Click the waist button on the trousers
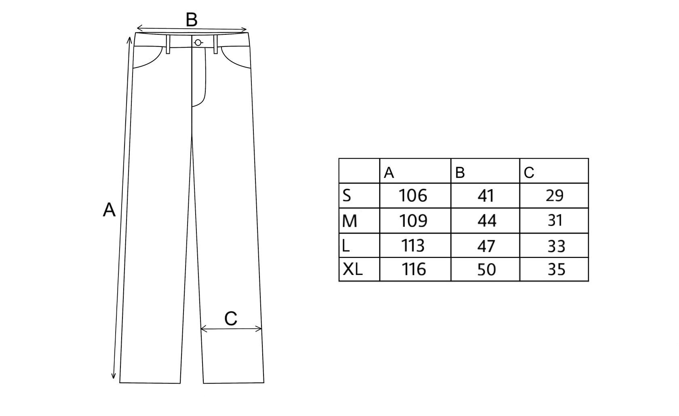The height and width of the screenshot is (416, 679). click(x=198, y=42)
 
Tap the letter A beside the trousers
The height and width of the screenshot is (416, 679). click(x=109, y=210)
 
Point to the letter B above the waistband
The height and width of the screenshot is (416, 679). click(x=192, y=20)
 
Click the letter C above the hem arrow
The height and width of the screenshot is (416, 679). click(x=230, y=319)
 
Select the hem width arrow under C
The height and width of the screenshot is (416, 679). click(x=231, y=329)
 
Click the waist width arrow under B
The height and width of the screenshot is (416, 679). click(x=192, y=29)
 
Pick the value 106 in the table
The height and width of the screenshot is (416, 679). click(x=413, y=196)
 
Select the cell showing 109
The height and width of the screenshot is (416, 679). click(x=413, y=221)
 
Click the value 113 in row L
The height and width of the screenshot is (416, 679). click(x=413, y=245)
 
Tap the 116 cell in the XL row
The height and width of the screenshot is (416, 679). click(x=414, y=269)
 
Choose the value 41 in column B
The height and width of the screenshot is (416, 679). click(x=486, y=196)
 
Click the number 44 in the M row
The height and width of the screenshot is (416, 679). click(x=487, y=221)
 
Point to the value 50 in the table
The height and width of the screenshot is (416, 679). click(x=486, y=270)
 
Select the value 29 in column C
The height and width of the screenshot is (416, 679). click(x=554, y=196)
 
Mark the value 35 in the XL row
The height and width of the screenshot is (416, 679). click(x=556, y=269)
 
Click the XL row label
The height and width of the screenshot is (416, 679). click(x=353, y=269)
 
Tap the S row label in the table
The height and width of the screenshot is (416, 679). click(x=347, y=196)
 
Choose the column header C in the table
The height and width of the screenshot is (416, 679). click(x=529, y=173)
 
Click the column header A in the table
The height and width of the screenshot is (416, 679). click(x=389, y=173)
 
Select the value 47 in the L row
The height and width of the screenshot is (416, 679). click(x=486, y=246)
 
